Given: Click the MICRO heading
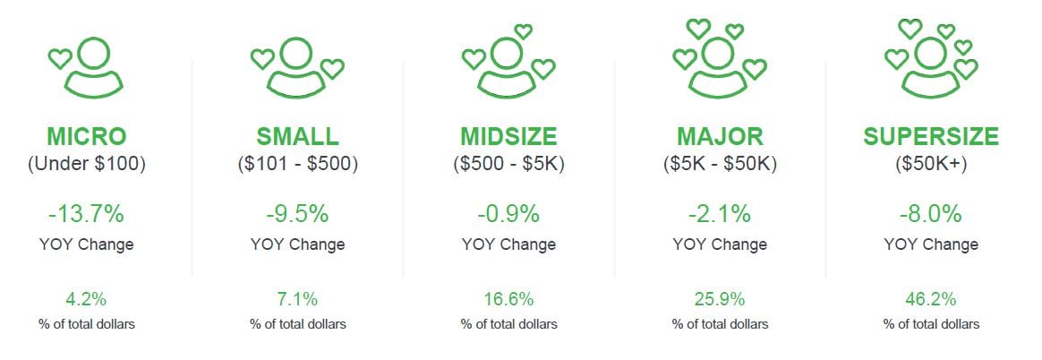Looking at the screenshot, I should [87, 137].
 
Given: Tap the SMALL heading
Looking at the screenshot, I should [297, 137].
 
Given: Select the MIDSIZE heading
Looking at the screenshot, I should [508, 137].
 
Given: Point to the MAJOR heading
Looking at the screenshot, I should [720, 137].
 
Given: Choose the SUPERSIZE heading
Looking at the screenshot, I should [931, 137].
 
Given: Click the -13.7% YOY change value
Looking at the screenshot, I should [87, 215].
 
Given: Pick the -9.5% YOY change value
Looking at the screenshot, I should [297, 215].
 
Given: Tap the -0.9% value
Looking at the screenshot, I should [508, 215].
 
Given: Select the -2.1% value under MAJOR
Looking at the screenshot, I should [720, 215].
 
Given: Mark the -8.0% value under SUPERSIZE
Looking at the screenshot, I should [931, 215].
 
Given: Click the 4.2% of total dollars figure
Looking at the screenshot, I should [87, 299].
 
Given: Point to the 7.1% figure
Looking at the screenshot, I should [297, 299].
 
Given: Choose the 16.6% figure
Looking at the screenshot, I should [508, 299].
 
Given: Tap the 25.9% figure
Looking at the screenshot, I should [720, 299].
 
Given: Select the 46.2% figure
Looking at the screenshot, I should [931, 299].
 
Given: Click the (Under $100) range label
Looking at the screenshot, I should [87, 164].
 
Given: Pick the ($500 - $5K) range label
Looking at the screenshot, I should [508, 164].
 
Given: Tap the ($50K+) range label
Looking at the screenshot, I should [931, 164].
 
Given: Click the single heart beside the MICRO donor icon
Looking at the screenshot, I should [59, 60].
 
